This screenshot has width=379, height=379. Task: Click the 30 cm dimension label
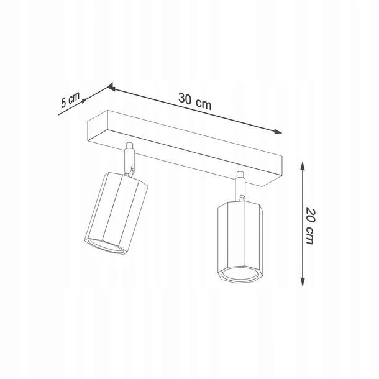[x=195, y=101]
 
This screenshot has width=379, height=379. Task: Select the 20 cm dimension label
[x=311, y=226]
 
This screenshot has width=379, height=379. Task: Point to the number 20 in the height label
[x=311, y=215]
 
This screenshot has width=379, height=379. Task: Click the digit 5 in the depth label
[x=64, y=103]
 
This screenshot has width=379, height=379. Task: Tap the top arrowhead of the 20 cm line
[x=302, y=166]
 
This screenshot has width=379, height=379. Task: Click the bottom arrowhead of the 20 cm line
[x=303, y=282]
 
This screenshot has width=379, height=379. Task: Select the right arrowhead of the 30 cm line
[x=278, y=132]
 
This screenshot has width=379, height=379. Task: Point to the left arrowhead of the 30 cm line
[x=111, y=87]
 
